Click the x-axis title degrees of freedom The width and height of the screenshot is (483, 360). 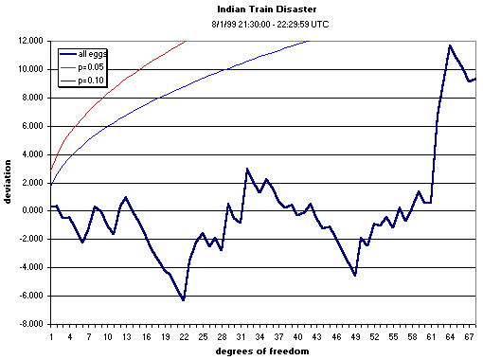262,350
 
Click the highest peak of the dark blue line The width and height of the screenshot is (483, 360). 451,45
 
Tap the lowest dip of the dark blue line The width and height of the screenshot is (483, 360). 184,299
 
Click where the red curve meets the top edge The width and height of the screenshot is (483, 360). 187,42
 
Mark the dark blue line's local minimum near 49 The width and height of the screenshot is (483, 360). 355,275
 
